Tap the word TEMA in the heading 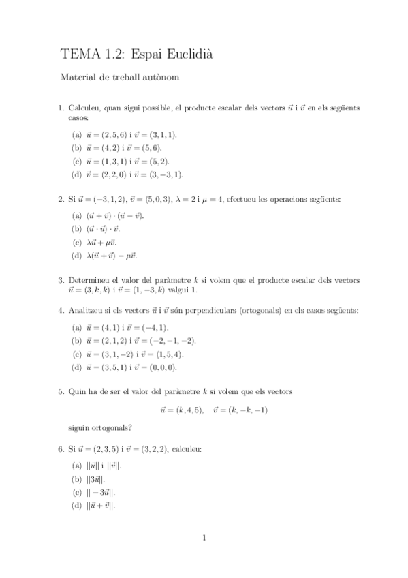point(79,52)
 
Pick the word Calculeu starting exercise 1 point(84,108)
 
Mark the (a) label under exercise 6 point(76,466)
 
